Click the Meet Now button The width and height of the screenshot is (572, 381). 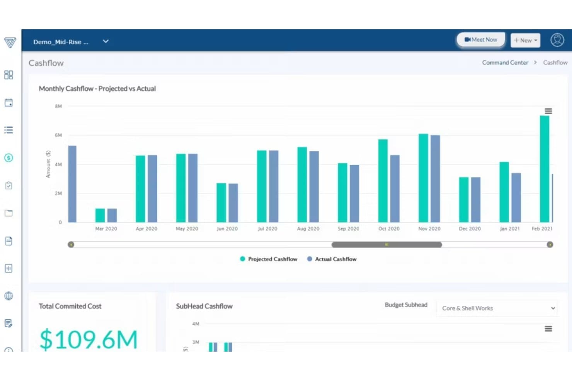pyautogui.click(x=480, y=40)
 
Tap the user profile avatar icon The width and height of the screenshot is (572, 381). pyautogui.click(x=557, y=40)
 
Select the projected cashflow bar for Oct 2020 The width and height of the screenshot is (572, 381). pyautogui.click(x=383, y=181)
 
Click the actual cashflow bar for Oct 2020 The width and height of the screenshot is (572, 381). pyautogui.click(x=395, y=188)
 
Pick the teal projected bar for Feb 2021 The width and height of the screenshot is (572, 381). pyautogui.click(x=545, y=169)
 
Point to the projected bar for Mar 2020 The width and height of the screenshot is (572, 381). pyautogui.click(x=100, y=215)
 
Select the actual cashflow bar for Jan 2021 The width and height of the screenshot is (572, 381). pyautogui.click(x=516, y=197)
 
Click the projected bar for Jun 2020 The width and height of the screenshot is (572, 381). pyautogui.click(x=221, y=203)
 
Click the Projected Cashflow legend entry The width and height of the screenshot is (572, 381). pyautogui.click(x=269, y=259)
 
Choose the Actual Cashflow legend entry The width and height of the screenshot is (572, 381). pyautogui.click(x=332, y=259)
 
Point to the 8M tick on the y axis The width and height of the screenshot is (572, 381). pyautogui.click(x=58, y=106)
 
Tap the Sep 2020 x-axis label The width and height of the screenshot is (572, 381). pyautogui.click(x=348, y=229)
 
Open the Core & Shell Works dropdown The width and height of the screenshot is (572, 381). pyautogui.click(x=497, y=308)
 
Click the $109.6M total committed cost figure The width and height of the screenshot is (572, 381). pyautogui.click(x=89, y=339)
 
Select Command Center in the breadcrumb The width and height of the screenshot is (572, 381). pyautogui.click(x=505, y=63)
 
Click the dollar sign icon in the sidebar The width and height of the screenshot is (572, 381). pyautogui.click(x=9, y=158)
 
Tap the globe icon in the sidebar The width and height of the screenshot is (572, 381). pyautogui.click(x=9, y=296)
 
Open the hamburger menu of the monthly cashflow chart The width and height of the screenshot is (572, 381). pyautogui.click(x=548, y=111)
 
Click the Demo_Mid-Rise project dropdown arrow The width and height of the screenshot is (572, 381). pyautogui.click(x=106, y=41)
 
